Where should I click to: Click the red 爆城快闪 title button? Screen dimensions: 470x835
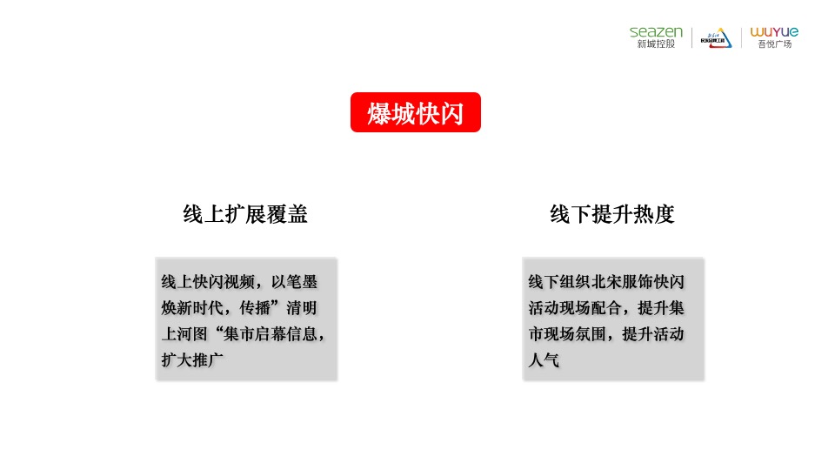415,112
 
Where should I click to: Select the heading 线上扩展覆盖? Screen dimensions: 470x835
245,214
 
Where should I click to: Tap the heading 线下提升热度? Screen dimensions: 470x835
612,214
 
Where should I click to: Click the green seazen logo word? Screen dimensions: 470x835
656,31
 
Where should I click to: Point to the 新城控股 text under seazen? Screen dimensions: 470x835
656,44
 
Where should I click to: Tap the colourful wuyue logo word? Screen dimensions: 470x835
774,31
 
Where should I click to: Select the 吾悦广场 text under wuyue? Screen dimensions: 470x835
774,44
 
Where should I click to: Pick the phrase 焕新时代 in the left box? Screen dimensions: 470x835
192,308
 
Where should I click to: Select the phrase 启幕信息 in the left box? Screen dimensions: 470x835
290,334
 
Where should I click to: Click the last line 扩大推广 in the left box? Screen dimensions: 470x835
192,359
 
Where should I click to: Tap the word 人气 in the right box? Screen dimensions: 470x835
544,359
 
